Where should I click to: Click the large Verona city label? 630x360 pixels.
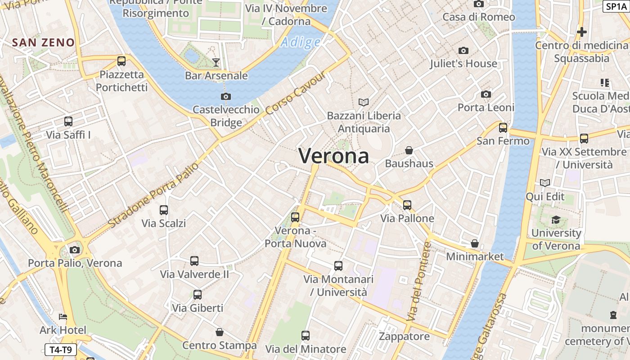tap(333, 156)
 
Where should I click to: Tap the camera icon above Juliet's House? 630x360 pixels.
tap(463, 50)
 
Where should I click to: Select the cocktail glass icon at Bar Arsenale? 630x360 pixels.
tap(216, 62)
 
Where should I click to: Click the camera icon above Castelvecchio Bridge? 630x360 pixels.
tap(226, 96)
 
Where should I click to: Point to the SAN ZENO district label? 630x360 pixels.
tap(43, 43)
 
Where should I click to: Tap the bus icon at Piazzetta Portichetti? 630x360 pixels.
tap(121, 61)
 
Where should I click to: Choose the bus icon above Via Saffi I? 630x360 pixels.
tap(68, 121)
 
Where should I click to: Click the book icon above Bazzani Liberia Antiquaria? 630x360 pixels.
tap(363, 103)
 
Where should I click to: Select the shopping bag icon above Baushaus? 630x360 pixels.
tap(409, 150)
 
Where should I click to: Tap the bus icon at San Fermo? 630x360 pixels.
tap(503, 128)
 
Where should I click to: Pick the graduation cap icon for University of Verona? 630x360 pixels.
tap(556, 220)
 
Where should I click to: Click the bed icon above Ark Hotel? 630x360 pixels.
tap(63, 317)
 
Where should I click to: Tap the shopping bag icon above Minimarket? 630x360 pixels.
tap(475, 243)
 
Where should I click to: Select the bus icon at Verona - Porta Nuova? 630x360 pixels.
tap(295, 217)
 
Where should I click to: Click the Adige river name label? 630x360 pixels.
tap(300, 42)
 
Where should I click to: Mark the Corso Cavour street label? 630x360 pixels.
tap(295, 93)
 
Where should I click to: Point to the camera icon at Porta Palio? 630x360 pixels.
tap(75, 250)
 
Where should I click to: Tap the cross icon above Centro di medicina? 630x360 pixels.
tap(582, 32)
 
